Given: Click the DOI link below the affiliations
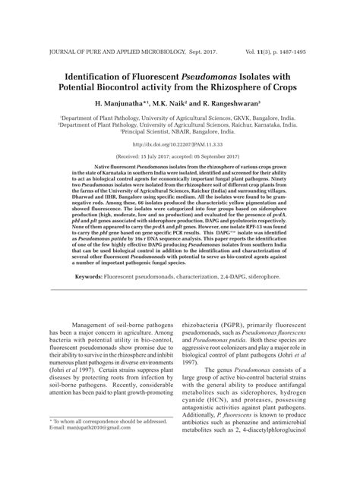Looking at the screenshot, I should coord(179,144).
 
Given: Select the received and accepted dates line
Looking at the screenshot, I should coord(179,154).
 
